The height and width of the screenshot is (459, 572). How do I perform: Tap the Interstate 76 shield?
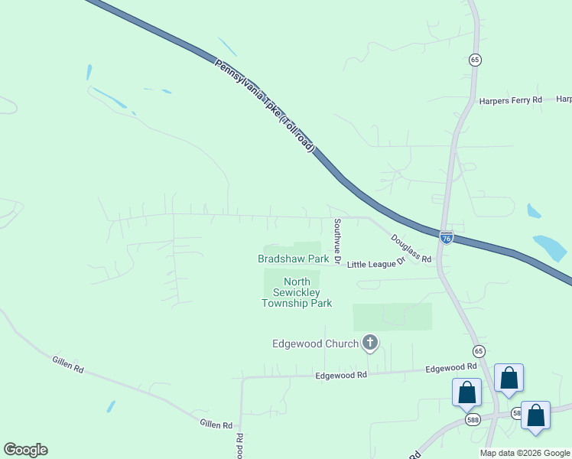447,238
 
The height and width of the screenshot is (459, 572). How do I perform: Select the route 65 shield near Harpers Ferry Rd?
475,59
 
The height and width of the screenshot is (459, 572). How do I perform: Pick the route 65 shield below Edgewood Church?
479,351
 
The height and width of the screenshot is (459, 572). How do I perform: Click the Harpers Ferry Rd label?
510,100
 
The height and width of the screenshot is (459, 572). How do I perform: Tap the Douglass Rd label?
411,249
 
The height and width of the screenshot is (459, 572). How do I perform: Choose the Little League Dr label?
375,263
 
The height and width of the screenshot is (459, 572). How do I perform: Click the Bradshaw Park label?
293,259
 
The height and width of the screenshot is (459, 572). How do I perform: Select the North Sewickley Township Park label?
297,292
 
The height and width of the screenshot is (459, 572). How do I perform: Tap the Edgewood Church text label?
315,343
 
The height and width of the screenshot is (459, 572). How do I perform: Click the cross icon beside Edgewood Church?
370,343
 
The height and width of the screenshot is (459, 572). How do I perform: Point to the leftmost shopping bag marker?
466,392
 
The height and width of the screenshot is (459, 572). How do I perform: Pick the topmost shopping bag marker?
509,378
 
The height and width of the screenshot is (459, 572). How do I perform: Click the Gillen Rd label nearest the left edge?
67,365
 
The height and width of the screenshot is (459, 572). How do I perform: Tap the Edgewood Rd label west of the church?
341,375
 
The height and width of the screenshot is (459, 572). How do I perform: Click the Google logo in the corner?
25,450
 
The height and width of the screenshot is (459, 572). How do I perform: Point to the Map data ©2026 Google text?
525,453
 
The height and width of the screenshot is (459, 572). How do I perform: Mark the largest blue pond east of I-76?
550,247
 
